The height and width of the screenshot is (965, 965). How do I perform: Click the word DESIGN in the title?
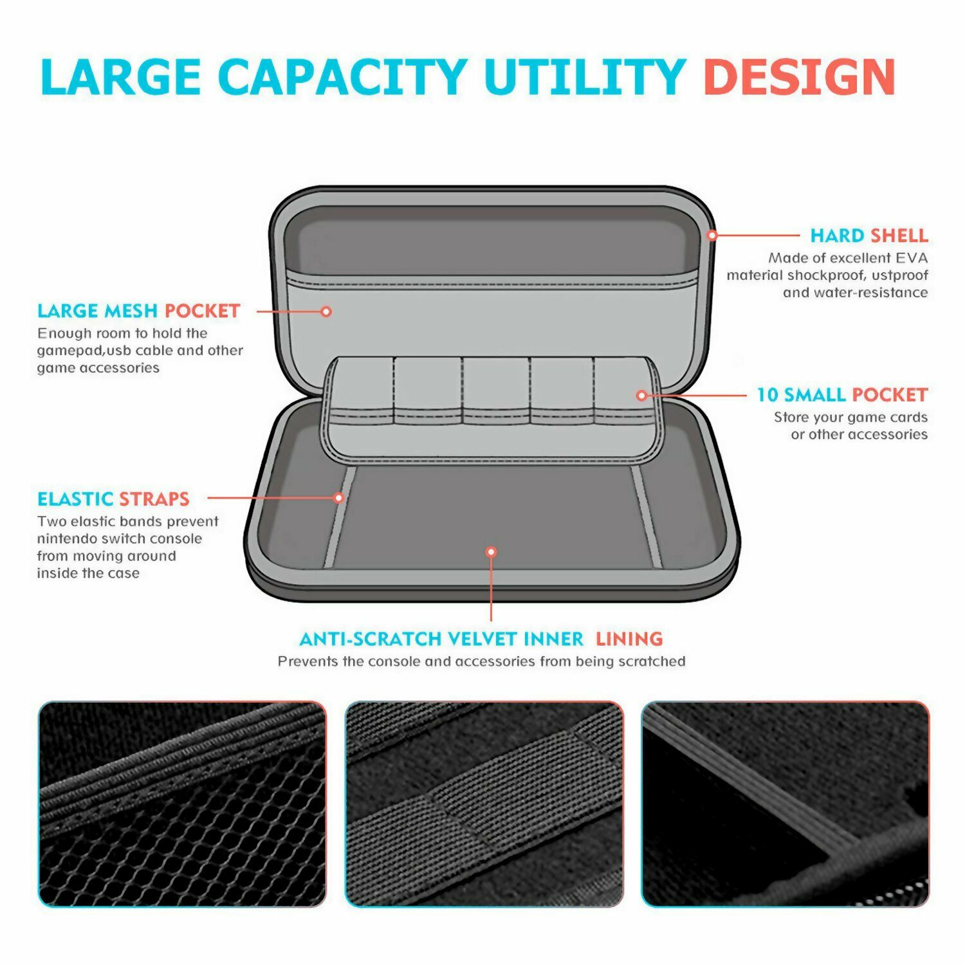[799, 78]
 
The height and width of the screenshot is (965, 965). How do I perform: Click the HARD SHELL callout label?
[868, 235]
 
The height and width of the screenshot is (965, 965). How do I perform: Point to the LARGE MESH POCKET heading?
[138, 311]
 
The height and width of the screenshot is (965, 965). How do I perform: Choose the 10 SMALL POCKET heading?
[841, 395]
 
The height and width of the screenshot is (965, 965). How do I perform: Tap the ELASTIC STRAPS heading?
[113, 499]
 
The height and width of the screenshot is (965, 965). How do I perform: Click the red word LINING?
[629, 639]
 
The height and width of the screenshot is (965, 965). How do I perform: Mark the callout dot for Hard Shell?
[712, 235]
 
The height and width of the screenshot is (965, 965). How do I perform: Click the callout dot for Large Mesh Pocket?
[326, 311]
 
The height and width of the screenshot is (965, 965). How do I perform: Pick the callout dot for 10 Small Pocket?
[641, 395]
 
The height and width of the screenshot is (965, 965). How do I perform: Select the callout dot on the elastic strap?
[339, 497]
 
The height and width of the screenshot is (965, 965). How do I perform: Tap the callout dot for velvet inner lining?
[491, 552]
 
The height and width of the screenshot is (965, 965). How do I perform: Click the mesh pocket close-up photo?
[182, 804]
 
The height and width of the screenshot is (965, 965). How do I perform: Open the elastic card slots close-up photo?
[484, 804]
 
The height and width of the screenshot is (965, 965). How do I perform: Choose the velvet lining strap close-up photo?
[785, 804]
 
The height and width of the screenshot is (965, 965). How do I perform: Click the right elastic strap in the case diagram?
[647, 518]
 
